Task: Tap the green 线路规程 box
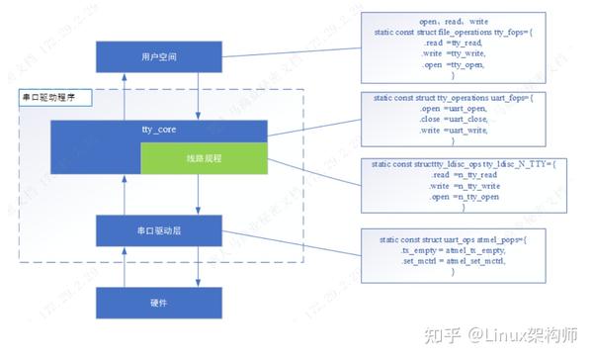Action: pyautogui.click(x=203, y=158)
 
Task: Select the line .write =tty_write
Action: pyautogui.click(x=453, y=55)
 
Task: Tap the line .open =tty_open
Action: pyautogui.click(x=453, y=65)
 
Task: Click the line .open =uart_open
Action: pyautogui.click(x=453, y=110)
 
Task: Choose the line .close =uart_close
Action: pyautogui.click(x=453, y=121)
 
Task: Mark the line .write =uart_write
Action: pyautogui.click(x=453, y=131)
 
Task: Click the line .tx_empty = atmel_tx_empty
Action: pyautogui.click(x=453, y=250)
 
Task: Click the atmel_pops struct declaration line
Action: pyautogui.click(x=453, y=239)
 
